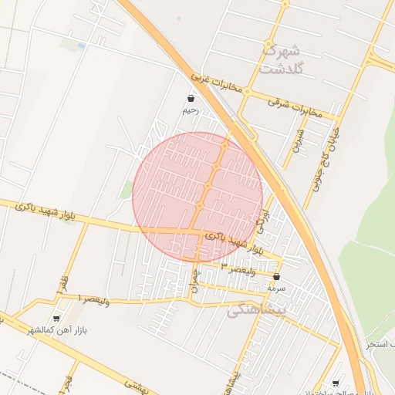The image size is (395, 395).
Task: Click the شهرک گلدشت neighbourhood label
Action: pos(282,59)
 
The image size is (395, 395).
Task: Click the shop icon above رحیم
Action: pos(191,99)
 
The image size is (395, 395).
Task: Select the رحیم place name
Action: pos(191,111)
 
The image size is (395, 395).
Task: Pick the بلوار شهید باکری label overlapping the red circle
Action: pos(220,238)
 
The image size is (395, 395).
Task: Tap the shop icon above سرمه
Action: pos(276,276)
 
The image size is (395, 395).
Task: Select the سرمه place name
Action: pos(276,288)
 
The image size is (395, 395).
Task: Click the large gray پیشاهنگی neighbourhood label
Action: pos(258,310)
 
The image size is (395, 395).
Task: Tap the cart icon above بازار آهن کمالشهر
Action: pos(56,318)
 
